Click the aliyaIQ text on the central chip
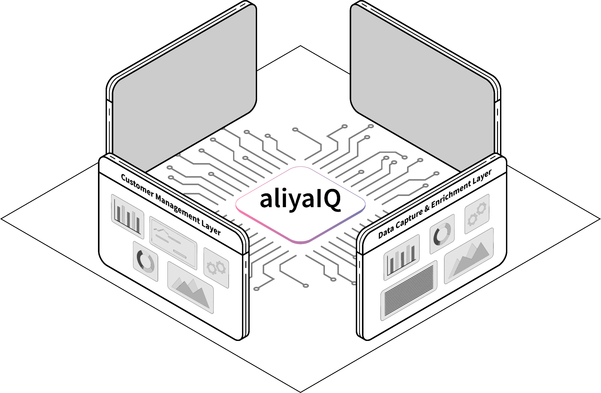(300, 199)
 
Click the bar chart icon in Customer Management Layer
(127, 216)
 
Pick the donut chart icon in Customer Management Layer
(146, 261)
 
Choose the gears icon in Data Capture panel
(477, 214)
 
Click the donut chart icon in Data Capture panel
(442, 234)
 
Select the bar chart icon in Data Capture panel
(401, 257)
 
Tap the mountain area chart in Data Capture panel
(469, 256)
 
